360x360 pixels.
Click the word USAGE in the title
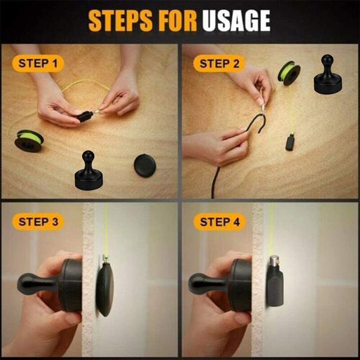[236, 21]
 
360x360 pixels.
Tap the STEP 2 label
[219, 63]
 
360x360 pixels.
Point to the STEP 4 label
[219, 222]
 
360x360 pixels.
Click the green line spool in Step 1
[29, 140]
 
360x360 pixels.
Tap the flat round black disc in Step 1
[145, 165]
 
